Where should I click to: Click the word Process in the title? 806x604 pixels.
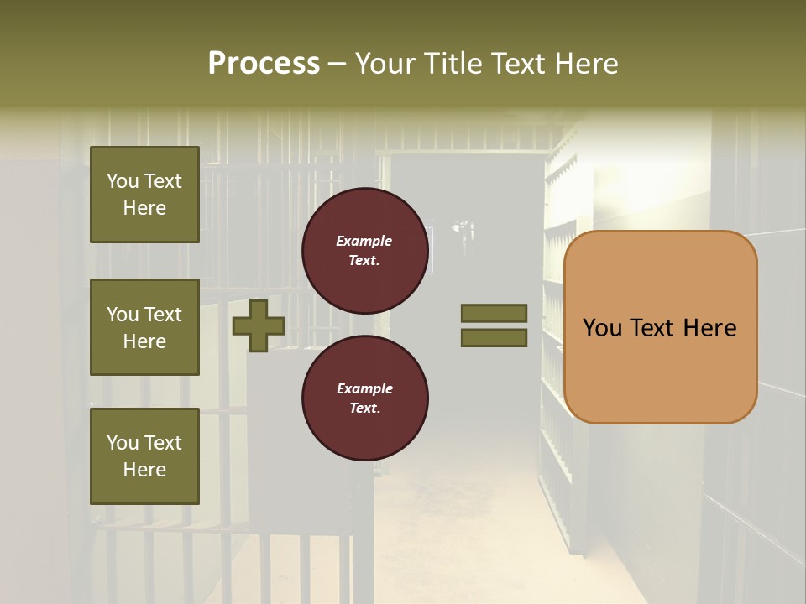(264, 64)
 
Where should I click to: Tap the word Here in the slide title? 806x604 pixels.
(586, 64)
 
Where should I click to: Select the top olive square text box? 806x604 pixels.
(144, 195)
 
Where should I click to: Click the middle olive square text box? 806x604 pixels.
(144, 327)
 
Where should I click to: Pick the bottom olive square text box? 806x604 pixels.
(144, 456)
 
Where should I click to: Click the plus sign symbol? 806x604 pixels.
(259, 326)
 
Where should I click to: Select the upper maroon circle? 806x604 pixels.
(365, 251)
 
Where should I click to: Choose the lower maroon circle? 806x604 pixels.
(365, 398)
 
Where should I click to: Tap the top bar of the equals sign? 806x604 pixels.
(495, 314)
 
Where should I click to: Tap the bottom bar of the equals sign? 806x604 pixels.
(495, 338)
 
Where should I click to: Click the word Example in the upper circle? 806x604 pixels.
(364, 241)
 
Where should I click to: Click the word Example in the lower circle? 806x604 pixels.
(364, 388)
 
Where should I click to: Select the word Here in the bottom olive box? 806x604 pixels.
(144, 470)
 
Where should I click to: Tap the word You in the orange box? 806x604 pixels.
(602, 328)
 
